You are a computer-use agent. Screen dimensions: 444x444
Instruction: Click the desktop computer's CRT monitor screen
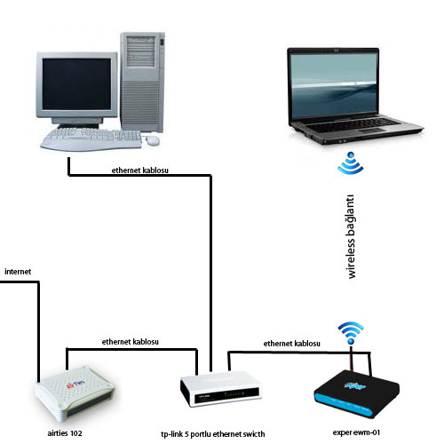coord(76,83)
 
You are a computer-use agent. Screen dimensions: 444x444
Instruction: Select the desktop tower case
coord(142,82)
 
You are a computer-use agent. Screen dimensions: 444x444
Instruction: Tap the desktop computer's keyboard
coord(91,139)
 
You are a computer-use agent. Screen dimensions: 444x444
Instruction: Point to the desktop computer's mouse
coord(153,140)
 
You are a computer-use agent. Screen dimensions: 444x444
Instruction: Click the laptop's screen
coord(334,85)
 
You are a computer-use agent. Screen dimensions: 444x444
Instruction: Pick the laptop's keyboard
coord(353,125)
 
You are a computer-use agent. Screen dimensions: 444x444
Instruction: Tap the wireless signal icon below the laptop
coord(351,163)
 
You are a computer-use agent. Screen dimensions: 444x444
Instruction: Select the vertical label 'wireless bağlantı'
coord(351,236)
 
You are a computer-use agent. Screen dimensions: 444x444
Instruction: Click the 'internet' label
coord(18,272)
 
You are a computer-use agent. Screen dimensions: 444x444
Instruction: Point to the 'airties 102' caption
coord(65,433)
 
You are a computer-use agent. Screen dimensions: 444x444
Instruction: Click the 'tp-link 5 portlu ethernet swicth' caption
coord(213,434)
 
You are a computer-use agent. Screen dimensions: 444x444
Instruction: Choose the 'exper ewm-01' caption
coord(356,432)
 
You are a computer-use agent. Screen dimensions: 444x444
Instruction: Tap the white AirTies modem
coord(75,393)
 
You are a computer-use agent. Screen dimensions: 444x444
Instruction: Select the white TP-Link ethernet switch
coord(221,389)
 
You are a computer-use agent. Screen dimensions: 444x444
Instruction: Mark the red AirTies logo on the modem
coord(75,385)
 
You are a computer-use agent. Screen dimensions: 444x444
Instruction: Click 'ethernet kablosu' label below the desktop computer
coord(140,170)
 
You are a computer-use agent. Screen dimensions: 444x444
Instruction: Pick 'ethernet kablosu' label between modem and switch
coord(131,342)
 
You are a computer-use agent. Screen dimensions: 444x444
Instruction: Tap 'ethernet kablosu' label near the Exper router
coord(292,344)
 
